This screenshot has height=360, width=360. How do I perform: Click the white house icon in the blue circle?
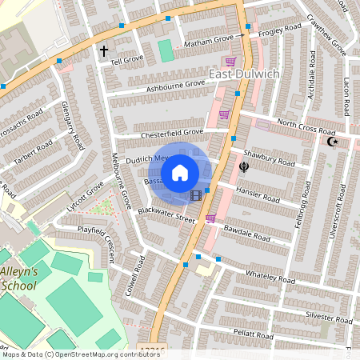180,171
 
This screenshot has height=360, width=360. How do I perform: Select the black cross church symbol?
103,51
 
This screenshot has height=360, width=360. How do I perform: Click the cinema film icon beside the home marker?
196,194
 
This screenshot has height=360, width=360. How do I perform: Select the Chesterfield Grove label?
172,134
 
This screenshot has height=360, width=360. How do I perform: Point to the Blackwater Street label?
166,214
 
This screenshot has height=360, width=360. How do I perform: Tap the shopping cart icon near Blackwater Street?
210,218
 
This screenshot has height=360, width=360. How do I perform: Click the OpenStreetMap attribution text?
70,353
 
